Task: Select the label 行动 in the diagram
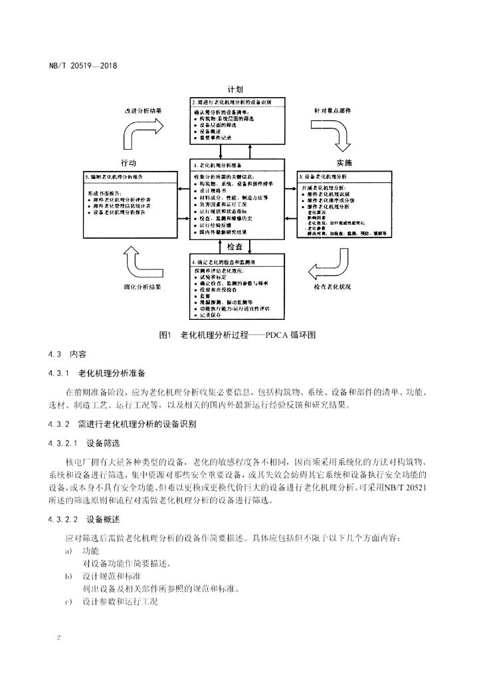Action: pyautogui.click(x=129, y=163)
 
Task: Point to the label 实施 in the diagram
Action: pyautogui.click(x=344, y=163)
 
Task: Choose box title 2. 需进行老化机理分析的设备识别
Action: pyautogui.click(x=239, y=102)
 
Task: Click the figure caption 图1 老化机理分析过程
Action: pyautogui.click(x=241, y=335)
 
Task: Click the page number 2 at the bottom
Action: pyautogui.click(x=59, y=637)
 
